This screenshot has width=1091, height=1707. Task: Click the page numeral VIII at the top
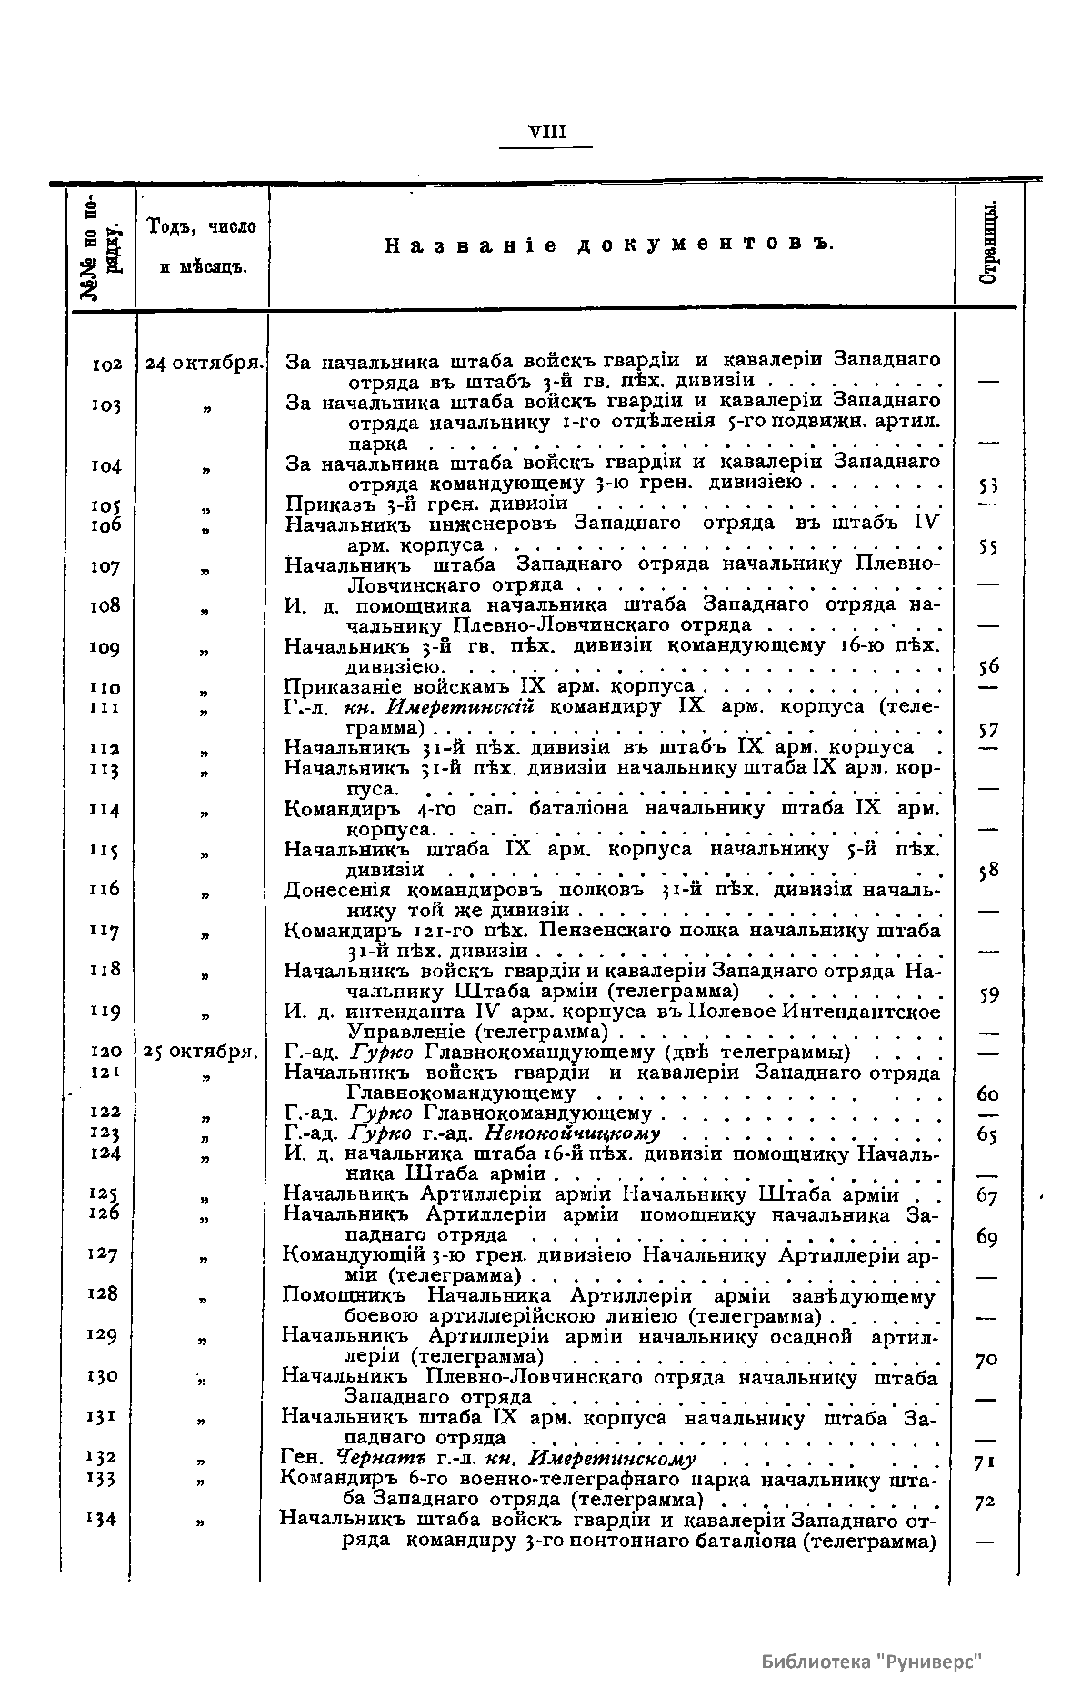[x=547, y=133]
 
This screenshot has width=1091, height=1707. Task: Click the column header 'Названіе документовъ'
[x=609, y=245]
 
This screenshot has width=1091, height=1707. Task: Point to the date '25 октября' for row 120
[x=201, y=1053]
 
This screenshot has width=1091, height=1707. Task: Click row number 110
[x=105, y=688]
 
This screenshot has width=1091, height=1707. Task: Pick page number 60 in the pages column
[x=987, y=1093]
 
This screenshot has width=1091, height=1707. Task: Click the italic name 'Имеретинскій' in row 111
[x=460, y=707]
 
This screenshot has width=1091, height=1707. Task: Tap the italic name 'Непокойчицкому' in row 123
[x=573, y=1133]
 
